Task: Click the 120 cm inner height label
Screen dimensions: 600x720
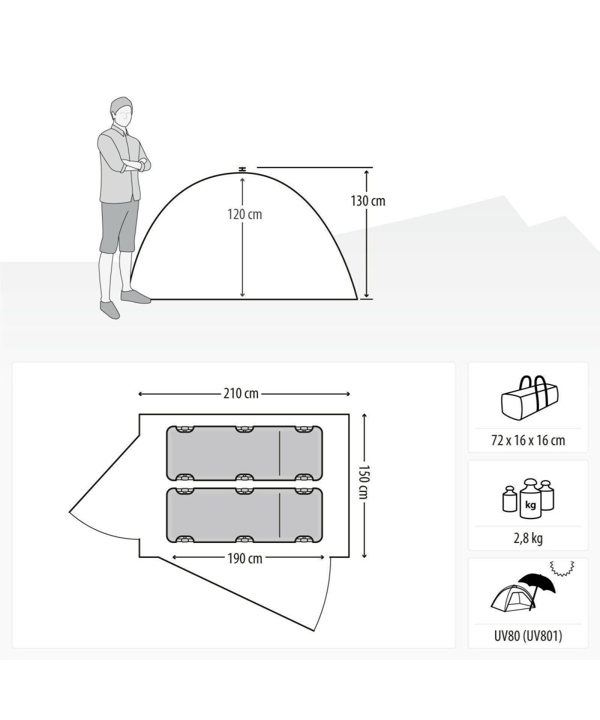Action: point(244,214)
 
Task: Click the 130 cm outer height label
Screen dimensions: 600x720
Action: point(368,201)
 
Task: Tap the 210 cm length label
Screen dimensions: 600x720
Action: point(241,394)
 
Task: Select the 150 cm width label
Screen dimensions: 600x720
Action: point(364,482)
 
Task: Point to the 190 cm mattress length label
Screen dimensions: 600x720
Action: point(245,559)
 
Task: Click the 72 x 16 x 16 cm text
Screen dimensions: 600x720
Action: point(528,440)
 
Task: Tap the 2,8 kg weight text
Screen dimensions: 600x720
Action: point(528,538)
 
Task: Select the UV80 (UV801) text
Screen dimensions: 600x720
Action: point(528,636)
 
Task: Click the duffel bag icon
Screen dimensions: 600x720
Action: point(530,398)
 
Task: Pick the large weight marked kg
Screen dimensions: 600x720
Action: point(530,499)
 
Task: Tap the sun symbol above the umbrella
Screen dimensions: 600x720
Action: point(562,569)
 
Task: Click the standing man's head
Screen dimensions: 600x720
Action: point(121,112)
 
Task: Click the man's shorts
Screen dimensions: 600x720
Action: point(119,226)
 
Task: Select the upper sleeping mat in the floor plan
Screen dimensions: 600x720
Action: point(244,453)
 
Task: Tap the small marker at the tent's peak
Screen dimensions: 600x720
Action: point(243,169)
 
